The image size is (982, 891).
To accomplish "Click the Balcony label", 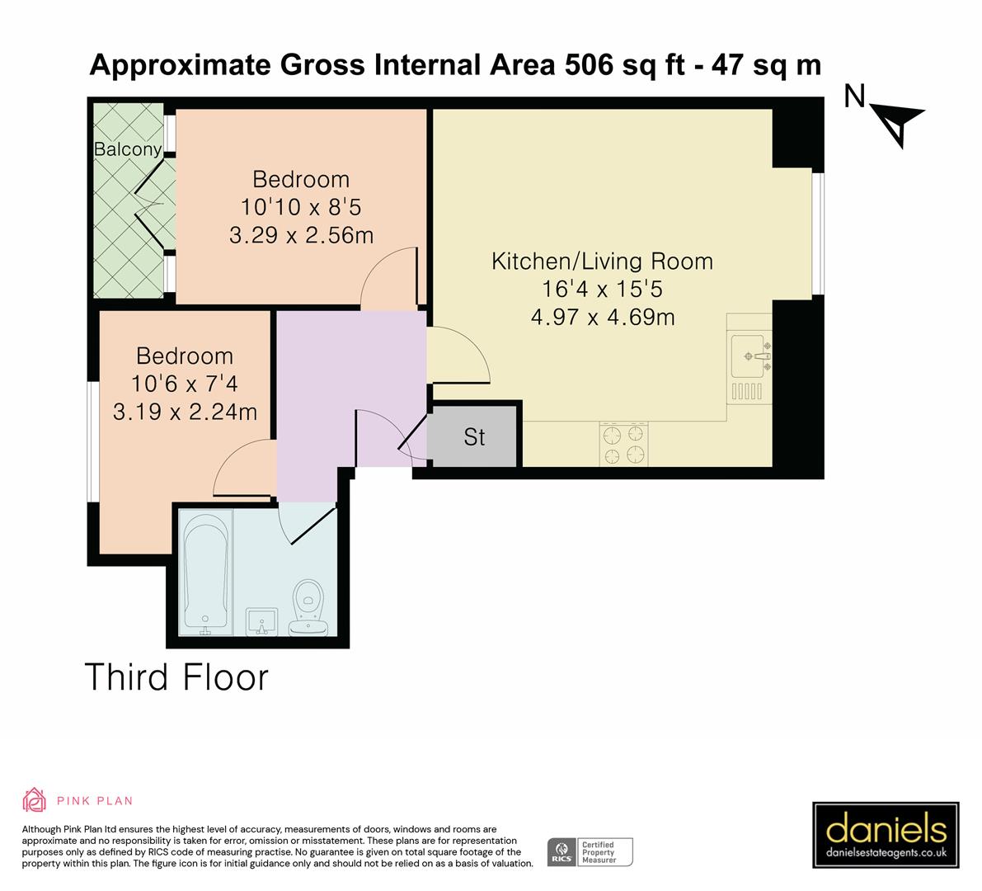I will point(127,149).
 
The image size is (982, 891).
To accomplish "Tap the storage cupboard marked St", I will point(474,436).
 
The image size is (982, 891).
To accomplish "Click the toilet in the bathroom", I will point(308,606).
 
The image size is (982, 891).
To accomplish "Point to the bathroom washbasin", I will point(262,621).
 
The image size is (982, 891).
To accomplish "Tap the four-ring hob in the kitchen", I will point(623,445).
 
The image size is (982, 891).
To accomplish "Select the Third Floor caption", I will point(177,677).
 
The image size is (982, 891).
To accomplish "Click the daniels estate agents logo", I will point(886,834).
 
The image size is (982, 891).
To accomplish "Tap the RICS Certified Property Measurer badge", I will point(590,851).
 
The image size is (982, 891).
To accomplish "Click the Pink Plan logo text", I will point(94,800).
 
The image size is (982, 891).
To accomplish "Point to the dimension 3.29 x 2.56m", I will point(301,235).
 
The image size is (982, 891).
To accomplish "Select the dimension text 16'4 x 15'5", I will point(602,289).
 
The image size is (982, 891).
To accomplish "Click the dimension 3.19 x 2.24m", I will point(185,411).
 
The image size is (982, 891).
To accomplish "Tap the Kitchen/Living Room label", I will point(602,262).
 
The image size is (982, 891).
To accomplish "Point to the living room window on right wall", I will point(817,233).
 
